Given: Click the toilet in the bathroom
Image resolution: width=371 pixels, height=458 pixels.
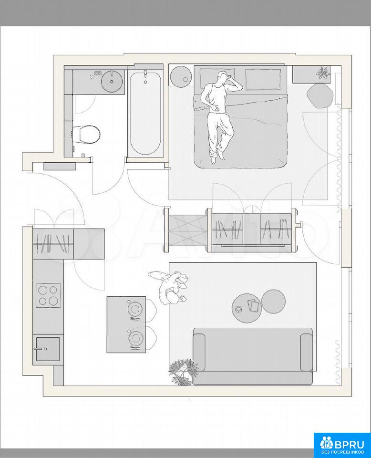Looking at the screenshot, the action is [x=86, y=135].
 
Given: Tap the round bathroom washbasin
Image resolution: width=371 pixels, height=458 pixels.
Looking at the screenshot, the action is [x=112, y=81].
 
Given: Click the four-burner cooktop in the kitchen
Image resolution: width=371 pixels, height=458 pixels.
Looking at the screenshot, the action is [x=48, y=295].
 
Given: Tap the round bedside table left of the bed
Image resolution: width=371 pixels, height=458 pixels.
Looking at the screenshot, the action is [x=181, y=76].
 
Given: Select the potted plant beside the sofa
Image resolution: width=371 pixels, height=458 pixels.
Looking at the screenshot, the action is [x=183, y=371].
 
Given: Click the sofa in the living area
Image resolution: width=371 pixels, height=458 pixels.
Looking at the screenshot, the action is [x=253, y=356].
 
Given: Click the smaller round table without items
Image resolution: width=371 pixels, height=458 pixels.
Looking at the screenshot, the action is [x=273, y=301].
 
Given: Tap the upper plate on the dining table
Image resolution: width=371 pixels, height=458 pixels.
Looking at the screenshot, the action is [x=135, y=309].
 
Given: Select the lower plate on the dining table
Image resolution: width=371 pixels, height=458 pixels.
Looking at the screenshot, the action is [x=135, y=339].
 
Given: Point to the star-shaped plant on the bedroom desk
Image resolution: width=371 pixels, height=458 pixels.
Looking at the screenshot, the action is [x=324, y=73].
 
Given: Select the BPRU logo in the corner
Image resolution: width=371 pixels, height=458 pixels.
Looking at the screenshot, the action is [x=342, y=445].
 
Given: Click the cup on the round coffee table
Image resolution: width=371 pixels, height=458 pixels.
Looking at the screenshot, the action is [x=239, y=309].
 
